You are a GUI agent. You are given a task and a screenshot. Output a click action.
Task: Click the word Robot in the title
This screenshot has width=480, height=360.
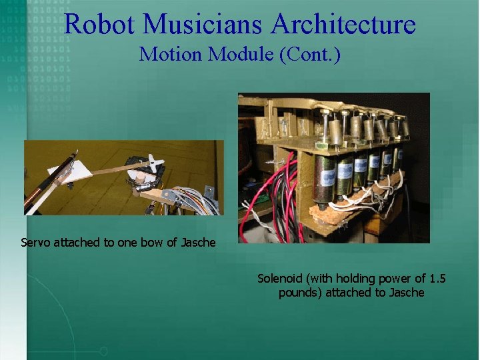100,25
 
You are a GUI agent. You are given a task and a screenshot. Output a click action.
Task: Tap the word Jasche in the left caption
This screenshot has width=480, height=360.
198,243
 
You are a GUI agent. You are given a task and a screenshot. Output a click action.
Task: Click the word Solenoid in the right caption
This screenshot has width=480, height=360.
279,278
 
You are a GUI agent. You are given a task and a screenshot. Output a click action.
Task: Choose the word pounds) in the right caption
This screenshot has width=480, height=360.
301,292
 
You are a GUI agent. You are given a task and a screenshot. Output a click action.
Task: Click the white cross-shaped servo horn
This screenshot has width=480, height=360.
154,163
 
